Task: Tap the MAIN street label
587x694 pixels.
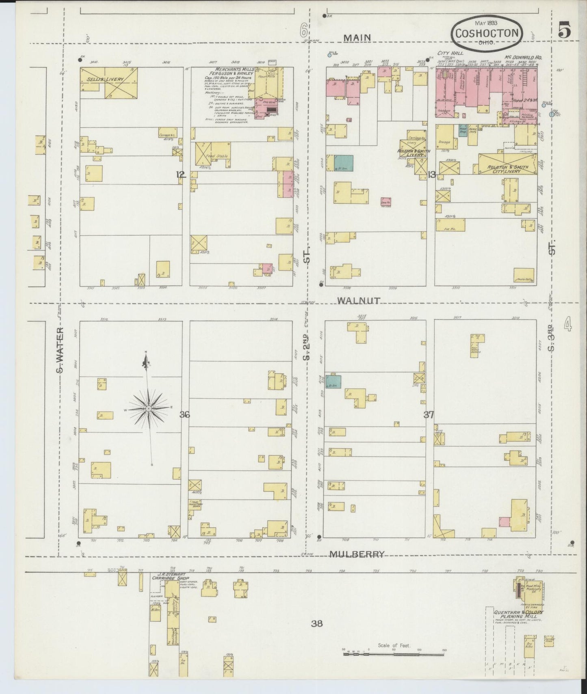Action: click(357, 38)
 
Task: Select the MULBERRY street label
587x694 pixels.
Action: click(357, 554)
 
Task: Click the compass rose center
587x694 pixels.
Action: click(149, 408)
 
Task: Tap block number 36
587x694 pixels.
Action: click(185, 415)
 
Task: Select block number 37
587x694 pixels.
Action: click(429, 415)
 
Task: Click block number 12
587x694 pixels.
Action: click(181, 175)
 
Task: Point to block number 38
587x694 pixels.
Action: click(317, 623)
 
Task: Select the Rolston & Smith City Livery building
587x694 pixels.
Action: click(508, 165)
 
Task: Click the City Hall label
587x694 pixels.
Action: click(450, 53)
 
